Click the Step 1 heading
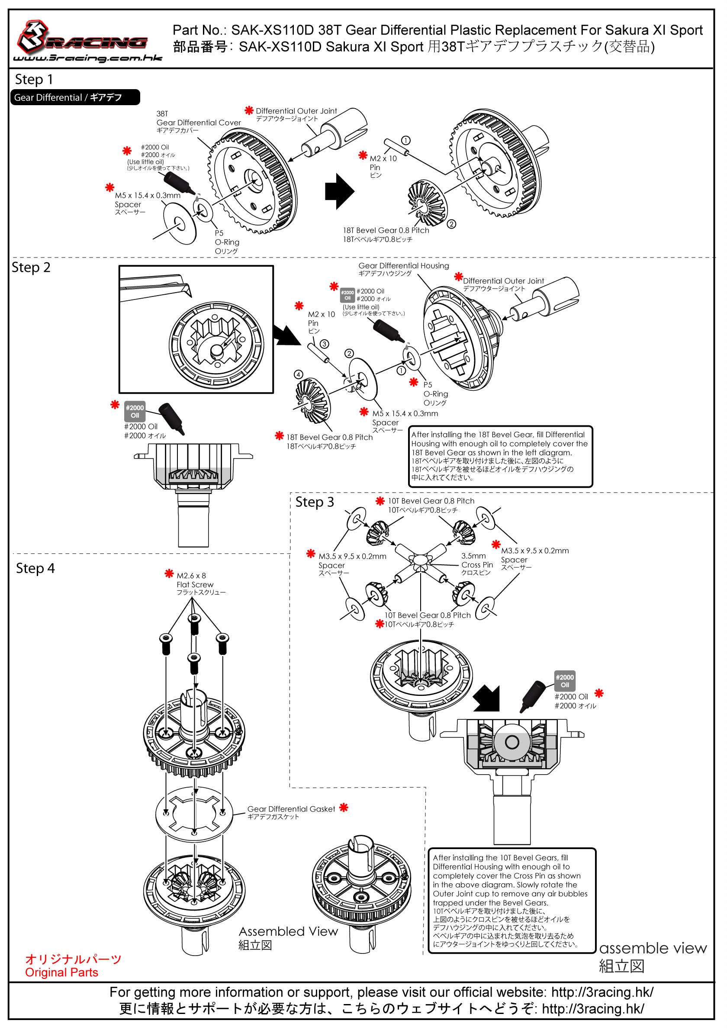coord(34,79)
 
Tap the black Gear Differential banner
coord(75,97)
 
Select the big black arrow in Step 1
coord(340,191)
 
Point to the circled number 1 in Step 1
coord(405,141)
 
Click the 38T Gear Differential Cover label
coord(198,122)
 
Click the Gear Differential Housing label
coord(404,269)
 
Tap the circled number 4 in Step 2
coord(298,374)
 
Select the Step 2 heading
coord(31,267)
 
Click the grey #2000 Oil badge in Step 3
coord(565,681)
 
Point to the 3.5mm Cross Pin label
coord(477,564)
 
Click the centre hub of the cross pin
coord(420,560)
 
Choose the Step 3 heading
coord(315,502)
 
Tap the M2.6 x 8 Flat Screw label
coord(200,584)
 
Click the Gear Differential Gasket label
coord(291,812)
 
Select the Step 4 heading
coord(35,568)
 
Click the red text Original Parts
coord(61,972)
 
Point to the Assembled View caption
coord(288,937)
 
